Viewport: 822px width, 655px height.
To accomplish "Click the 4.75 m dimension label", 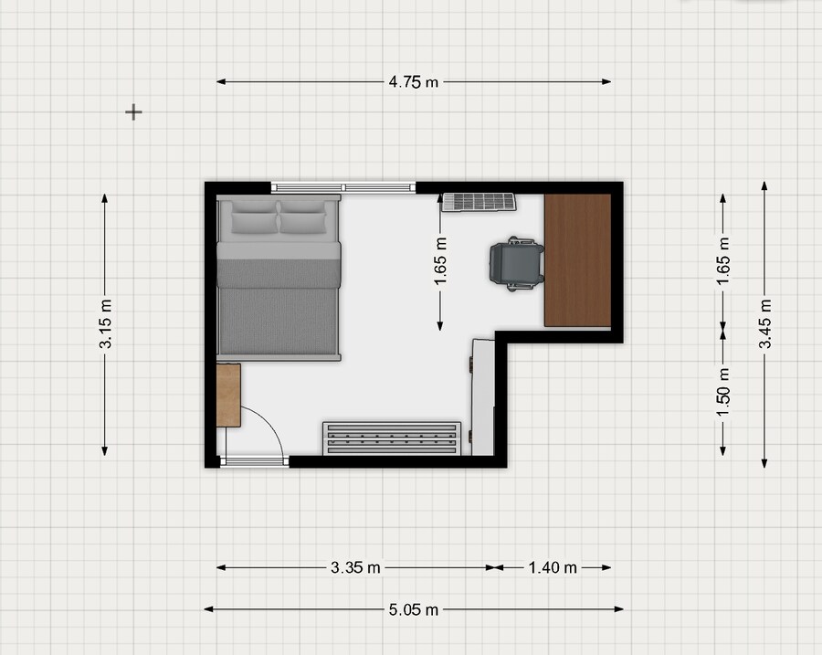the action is [x=413, y=82].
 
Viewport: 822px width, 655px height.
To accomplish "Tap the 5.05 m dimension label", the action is [x=414, y=610].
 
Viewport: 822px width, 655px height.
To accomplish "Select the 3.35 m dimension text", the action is [x=355, y=567].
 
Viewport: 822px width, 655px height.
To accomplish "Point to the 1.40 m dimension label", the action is [x=553, y=567].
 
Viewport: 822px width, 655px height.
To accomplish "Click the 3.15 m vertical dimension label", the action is [x=105, y=324].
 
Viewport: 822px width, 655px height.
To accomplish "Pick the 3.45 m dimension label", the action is [x=764, y=324].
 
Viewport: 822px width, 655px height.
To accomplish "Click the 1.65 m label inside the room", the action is [x=440, y=261].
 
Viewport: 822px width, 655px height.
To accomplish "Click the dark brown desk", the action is [x=577, y=260].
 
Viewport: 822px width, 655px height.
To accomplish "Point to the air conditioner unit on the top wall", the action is [x=479, y=203].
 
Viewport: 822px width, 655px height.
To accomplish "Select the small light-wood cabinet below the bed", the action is [x=228, y=395].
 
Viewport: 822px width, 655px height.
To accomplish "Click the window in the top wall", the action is [x=343, y=187].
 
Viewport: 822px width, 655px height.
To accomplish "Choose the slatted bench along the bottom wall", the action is [x=392, y=438].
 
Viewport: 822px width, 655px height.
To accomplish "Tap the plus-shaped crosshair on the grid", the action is [x=133, y=112].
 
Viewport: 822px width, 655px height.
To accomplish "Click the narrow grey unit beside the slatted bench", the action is [x=482, y=397].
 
